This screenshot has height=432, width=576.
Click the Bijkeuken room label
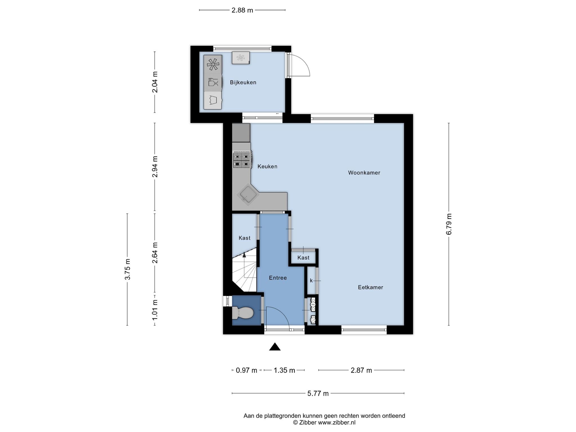click(243, 82)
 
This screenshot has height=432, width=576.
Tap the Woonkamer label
click(364, 173)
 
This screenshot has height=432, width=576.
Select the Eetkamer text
click(370, 287)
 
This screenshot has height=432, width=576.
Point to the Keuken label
click(267, 166)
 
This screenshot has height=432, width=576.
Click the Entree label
click(278, 278)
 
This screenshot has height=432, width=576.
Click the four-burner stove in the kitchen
click(242, 160)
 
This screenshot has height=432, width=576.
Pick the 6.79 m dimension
click(449, 224)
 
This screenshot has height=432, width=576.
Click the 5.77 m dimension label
click(318, 393)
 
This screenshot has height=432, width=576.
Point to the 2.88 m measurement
click(242, 10)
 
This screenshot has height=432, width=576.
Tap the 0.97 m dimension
click(246, 370)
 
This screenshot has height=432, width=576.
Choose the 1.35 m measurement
click(284, 370)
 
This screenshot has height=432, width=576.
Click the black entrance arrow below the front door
click(275, 347)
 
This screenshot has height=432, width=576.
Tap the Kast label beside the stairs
click(244, 238)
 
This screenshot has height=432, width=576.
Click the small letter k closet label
click(311, 281)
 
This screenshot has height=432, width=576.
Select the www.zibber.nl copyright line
click(324, 422)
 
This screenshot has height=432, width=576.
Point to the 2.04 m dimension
click(155, 82)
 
